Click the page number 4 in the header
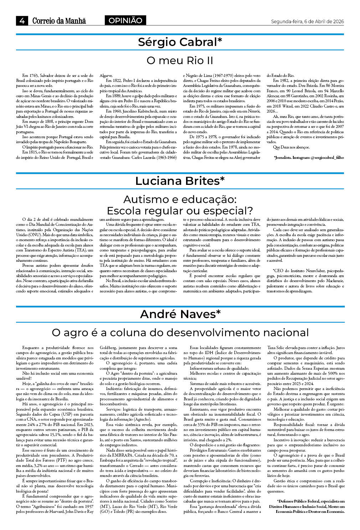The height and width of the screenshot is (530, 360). point(22,21)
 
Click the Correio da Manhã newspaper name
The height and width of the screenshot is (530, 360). point(59,21)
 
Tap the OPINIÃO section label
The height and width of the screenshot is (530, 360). point(125,21)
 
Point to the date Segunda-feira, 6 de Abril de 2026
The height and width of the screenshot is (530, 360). point(307,21)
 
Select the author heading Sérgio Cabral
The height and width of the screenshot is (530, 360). point(180,42)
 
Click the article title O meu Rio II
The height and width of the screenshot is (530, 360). point(180,60)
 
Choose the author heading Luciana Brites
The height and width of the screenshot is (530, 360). point(180,181)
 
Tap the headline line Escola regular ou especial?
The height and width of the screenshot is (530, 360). point(180,211)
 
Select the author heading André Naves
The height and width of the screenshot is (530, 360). point(180,314)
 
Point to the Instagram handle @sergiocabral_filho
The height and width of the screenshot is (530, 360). point(327,157)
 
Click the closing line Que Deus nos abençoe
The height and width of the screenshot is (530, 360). point(291,147)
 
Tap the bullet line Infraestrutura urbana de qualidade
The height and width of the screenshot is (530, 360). point(219,368)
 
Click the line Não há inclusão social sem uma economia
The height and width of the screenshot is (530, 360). point(58,373)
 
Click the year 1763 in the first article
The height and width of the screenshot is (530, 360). point(34,76)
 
